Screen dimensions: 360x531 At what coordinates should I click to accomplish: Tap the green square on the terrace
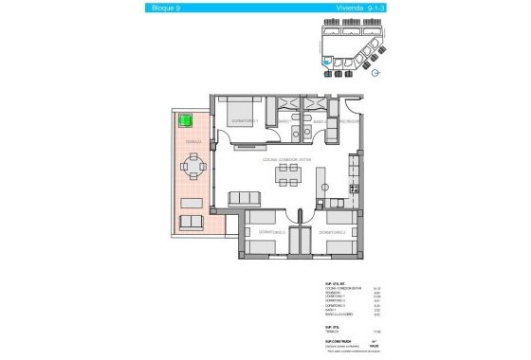coord(186,121)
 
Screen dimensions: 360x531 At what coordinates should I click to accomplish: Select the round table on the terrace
coord(194,170)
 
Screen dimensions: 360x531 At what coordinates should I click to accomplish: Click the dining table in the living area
coord(286,178)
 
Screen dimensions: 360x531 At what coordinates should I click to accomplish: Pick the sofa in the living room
coord(245,197)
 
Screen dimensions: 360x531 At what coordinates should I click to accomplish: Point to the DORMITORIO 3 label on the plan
coord(331,231)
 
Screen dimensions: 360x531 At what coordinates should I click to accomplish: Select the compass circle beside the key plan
coord(376,70)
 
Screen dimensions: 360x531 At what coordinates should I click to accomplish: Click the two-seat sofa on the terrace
coord(192,223)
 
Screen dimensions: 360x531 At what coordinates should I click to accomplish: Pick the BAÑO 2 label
coord(320,121)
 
